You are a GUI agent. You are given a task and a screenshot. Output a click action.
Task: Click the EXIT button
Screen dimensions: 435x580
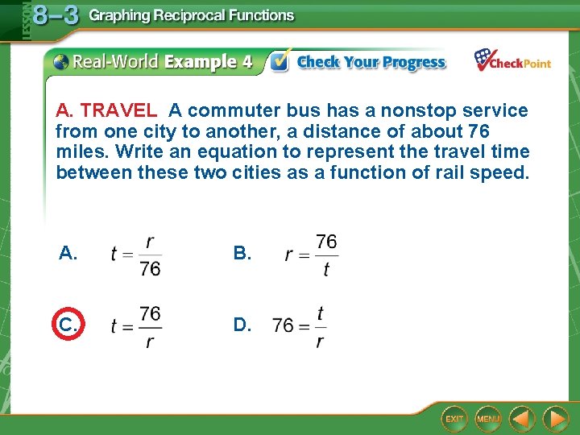point(455,419)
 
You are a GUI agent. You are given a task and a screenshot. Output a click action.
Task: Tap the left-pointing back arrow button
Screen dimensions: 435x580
point(522,419)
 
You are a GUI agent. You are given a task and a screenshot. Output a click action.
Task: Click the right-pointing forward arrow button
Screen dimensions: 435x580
point(555,419)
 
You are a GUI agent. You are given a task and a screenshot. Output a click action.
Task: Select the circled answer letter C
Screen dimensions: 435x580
point(68,325)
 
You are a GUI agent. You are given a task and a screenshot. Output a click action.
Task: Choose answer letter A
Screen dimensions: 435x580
point(68,254)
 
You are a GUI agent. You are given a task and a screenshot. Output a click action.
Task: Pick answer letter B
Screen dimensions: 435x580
point(242,254)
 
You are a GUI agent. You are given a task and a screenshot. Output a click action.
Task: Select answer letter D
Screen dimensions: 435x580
point(242,325)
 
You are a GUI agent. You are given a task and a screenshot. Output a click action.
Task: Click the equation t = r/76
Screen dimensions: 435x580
point(136,255)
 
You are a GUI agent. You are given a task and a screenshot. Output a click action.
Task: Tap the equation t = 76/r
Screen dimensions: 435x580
point(136,326)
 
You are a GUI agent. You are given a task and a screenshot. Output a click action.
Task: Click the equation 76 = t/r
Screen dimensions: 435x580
point(300,326)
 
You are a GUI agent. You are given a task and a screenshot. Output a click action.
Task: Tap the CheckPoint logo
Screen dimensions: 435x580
point(512,61)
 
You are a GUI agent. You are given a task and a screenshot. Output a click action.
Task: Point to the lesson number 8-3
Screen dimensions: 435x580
point(55,16)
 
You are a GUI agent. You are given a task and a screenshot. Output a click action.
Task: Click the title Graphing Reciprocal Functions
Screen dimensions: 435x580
point(192,15)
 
